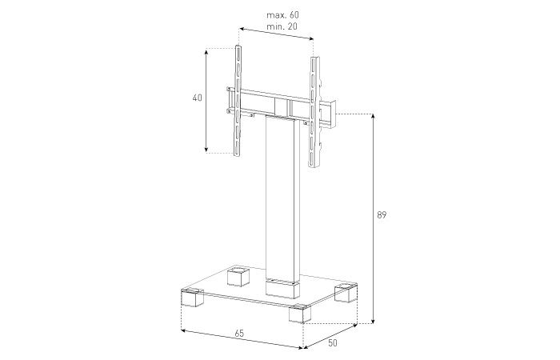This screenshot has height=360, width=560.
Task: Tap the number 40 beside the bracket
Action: (197, 98)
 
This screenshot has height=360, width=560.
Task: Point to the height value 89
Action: (382, 214)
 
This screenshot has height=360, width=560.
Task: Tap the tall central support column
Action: (281, 200)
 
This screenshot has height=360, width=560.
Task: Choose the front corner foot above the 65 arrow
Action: (298, 313)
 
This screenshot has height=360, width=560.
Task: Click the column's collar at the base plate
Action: (281, 282)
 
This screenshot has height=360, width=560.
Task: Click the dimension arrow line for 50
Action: (331, 337)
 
